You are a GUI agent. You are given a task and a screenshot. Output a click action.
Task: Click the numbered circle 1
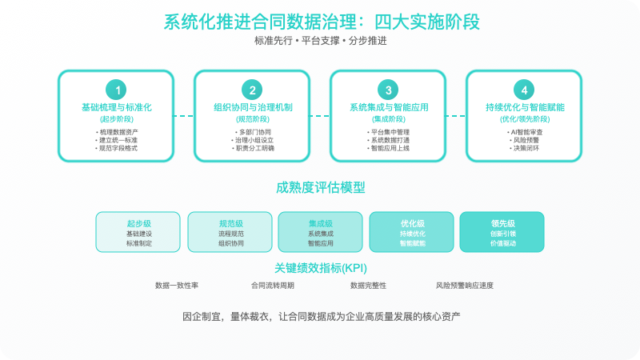117,90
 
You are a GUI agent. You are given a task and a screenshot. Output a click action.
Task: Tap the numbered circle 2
253,90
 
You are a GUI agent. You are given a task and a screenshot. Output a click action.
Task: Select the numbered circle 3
389,90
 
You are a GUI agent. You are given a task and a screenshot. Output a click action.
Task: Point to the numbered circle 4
525,90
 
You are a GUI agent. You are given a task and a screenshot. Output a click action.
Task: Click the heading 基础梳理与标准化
117,106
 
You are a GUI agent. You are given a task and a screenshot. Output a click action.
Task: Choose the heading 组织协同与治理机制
253,106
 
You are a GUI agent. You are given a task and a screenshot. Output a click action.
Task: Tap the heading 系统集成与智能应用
389,106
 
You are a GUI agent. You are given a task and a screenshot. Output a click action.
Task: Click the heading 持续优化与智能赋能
525,106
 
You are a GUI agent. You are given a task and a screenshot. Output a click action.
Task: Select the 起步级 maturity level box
138,232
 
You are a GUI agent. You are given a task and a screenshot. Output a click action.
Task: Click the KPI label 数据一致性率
177,285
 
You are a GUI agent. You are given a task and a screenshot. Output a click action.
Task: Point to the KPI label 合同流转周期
273,285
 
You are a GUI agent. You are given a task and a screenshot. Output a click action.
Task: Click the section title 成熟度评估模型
320,188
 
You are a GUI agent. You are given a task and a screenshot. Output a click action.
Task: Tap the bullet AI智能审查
525,131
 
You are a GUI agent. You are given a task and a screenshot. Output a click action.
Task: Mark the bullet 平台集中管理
389,131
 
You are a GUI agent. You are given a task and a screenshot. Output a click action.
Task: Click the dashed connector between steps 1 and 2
184,115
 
